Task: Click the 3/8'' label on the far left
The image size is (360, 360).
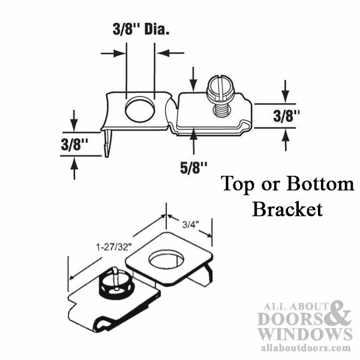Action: click(74, 144)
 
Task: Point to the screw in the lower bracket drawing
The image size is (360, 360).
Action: click(115, 281)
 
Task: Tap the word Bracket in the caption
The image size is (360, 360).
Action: click(287, 210)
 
